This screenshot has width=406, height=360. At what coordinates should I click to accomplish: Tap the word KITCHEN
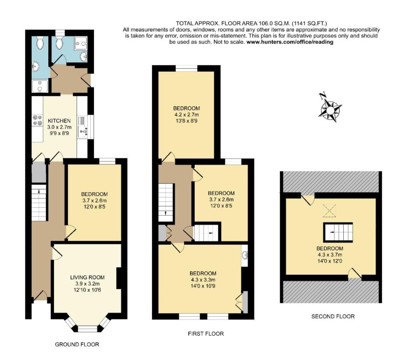(59, 121)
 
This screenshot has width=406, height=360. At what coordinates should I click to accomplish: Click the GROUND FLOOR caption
(77, 344)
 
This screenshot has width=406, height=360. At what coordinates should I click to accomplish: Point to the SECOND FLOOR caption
(333, 316)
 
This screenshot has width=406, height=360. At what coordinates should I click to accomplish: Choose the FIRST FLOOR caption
(206, 334)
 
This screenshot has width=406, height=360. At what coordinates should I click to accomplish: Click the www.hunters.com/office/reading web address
(290, 42)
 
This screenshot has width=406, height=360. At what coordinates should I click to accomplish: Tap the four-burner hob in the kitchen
(37, 120)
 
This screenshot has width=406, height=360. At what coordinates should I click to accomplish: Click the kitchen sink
(83, 126)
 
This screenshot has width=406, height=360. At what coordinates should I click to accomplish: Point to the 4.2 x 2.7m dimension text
(186, 115)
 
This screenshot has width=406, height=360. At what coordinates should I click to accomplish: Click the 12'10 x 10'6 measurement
(86, 290)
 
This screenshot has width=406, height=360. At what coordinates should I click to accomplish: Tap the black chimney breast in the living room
(119, 279)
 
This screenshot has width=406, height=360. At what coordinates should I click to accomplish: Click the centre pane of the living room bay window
(87, 329)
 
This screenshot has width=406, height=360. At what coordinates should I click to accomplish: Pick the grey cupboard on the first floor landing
(162, 233)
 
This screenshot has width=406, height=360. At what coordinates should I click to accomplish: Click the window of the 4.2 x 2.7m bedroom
(186, 69)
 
